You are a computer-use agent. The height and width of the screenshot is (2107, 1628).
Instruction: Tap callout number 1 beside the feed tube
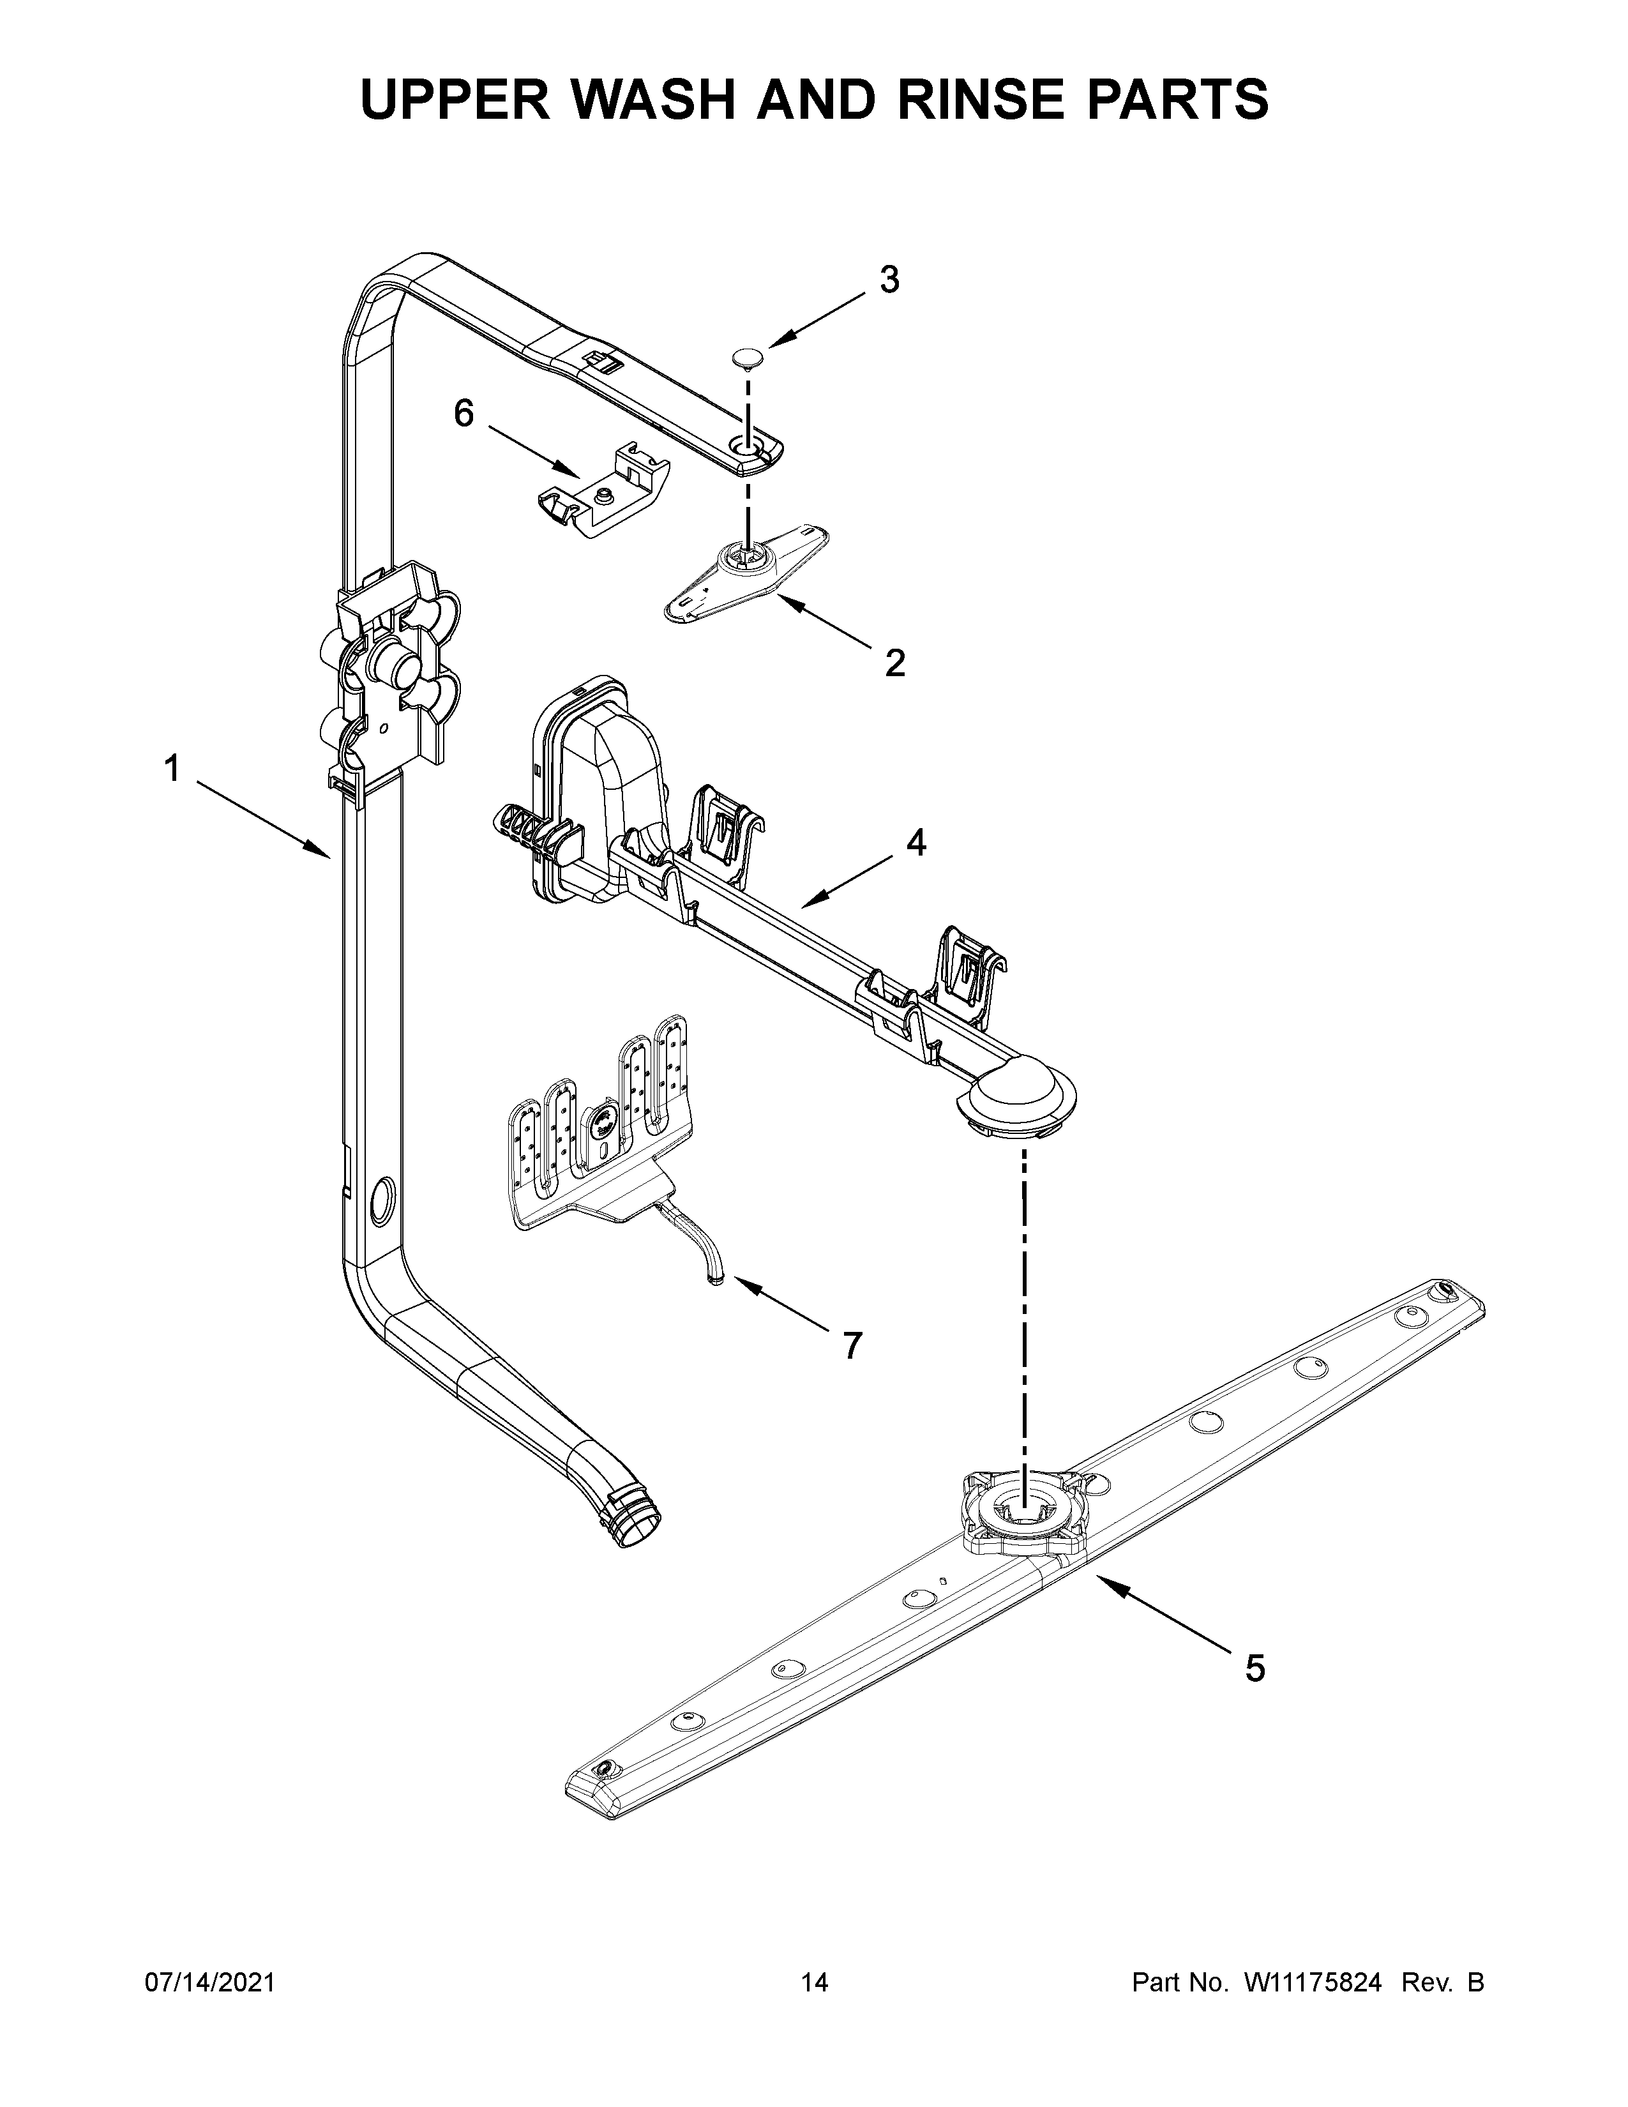tap(172, 770)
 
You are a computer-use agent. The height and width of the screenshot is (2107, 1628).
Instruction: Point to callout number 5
tap(1254, 1667)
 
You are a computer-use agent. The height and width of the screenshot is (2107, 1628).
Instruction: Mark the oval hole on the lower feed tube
tap(381, 1200)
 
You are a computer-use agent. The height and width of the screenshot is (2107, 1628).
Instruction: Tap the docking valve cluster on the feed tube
tap(391, 670)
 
